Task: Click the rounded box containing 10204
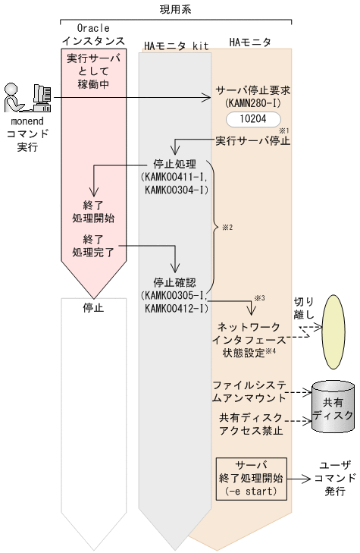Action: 253,119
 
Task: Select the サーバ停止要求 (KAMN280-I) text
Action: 253,95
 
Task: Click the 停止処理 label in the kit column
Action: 175,175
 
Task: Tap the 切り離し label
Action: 303,306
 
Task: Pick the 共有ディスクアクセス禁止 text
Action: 251,424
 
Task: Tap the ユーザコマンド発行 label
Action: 334,477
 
